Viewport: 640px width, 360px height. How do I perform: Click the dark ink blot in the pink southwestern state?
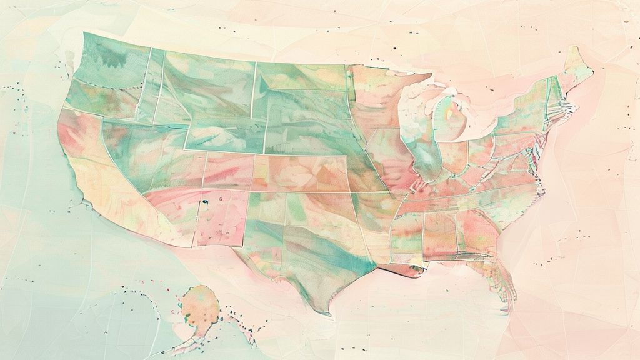pyautogui.click(x=204, y=202)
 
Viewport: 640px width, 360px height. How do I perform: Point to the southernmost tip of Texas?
pyautogui.click(x=324, y=312)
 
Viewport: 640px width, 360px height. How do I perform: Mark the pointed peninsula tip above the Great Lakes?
pyautogui.click(x=429, y=77)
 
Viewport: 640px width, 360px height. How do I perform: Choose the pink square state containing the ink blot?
pyautogui.click(x=219, y=216)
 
